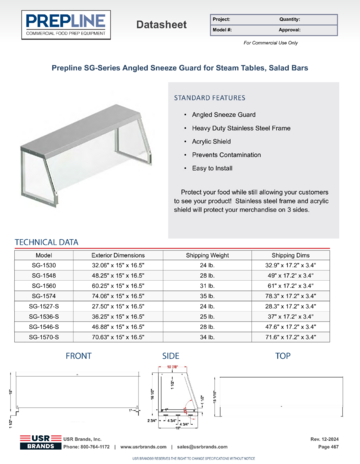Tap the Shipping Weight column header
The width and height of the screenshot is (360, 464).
pos(207,255)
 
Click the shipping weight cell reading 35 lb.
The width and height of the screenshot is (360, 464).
pos(207,296)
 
